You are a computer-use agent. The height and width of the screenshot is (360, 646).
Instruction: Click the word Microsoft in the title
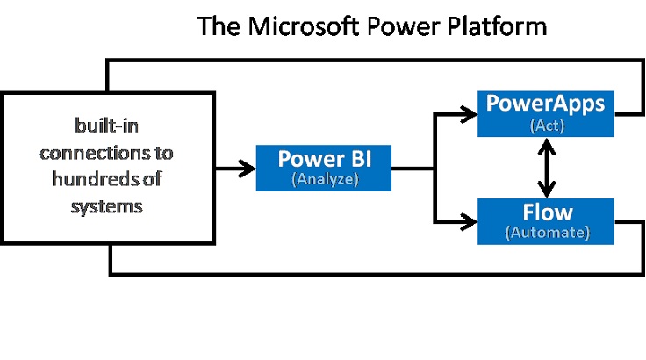coord(303,26)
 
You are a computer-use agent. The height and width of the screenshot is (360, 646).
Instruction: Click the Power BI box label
coord(324,159)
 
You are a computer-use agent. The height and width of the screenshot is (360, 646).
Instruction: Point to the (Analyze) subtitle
coord(325,179)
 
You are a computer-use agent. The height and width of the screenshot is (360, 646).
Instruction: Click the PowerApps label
coord(545,104)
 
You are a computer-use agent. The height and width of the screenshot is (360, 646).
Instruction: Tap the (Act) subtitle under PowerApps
coord(547,126)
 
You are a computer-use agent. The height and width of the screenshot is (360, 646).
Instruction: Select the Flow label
coord(548,212)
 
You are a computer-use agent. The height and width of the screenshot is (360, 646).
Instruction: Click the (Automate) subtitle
coord(548,232)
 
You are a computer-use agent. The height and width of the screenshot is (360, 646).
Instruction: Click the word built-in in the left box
coord(106,126)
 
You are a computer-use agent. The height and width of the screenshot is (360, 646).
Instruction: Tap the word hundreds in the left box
coord(94,179)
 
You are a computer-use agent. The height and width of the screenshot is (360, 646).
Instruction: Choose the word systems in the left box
coord(107,206)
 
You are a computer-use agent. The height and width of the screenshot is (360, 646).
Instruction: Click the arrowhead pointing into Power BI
coord(248,169)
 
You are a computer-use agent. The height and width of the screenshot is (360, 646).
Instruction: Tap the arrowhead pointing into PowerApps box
coord(469,114)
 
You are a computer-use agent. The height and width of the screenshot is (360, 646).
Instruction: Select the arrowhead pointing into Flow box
coord(469,222)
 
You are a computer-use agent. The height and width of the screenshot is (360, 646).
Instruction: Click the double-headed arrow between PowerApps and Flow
coord(546,168)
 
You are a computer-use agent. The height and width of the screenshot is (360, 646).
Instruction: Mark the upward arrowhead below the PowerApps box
coord(546,146)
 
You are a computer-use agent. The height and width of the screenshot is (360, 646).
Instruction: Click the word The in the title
coord(219,26)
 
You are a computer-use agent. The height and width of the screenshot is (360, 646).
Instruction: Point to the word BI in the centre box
coord(362,159)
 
